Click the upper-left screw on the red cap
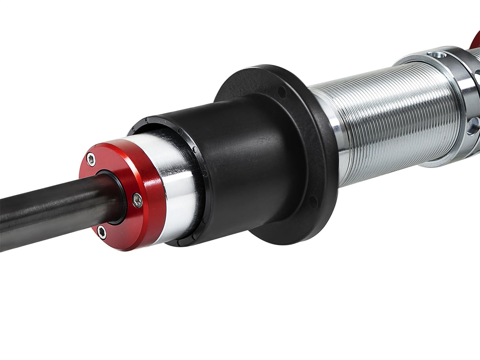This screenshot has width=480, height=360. tap(91, 159)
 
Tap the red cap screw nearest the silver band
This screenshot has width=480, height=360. tap(137, 200)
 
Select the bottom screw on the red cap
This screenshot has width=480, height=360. tap(102, 232)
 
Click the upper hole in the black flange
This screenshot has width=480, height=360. tap(282, 92)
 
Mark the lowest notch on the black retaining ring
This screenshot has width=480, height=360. tap(195, 237)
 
